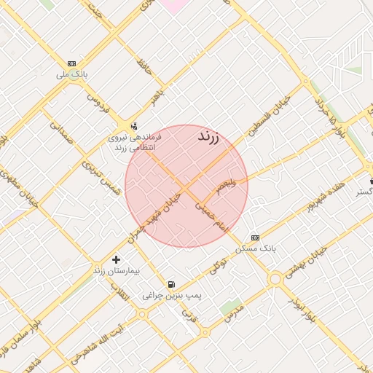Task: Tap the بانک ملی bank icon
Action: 72,63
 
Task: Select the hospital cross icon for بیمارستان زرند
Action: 117,259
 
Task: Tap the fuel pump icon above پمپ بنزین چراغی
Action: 171,284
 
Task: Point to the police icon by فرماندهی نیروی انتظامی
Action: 133,125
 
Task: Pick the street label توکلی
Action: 217,267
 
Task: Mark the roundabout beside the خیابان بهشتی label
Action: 275,278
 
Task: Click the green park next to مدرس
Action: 231,306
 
